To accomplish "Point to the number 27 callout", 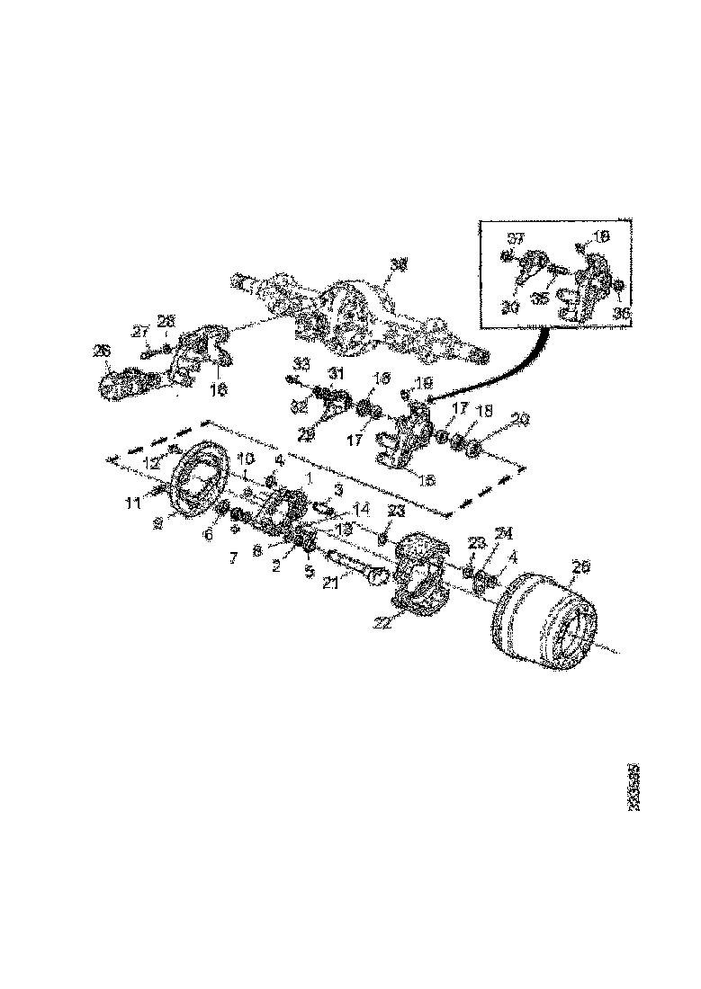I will (x=139, y=332).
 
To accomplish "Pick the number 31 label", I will (x=335, y=374).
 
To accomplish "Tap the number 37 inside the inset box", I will (x=516, y=238).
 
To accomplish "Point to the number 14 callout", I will (x=362, y=508).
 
